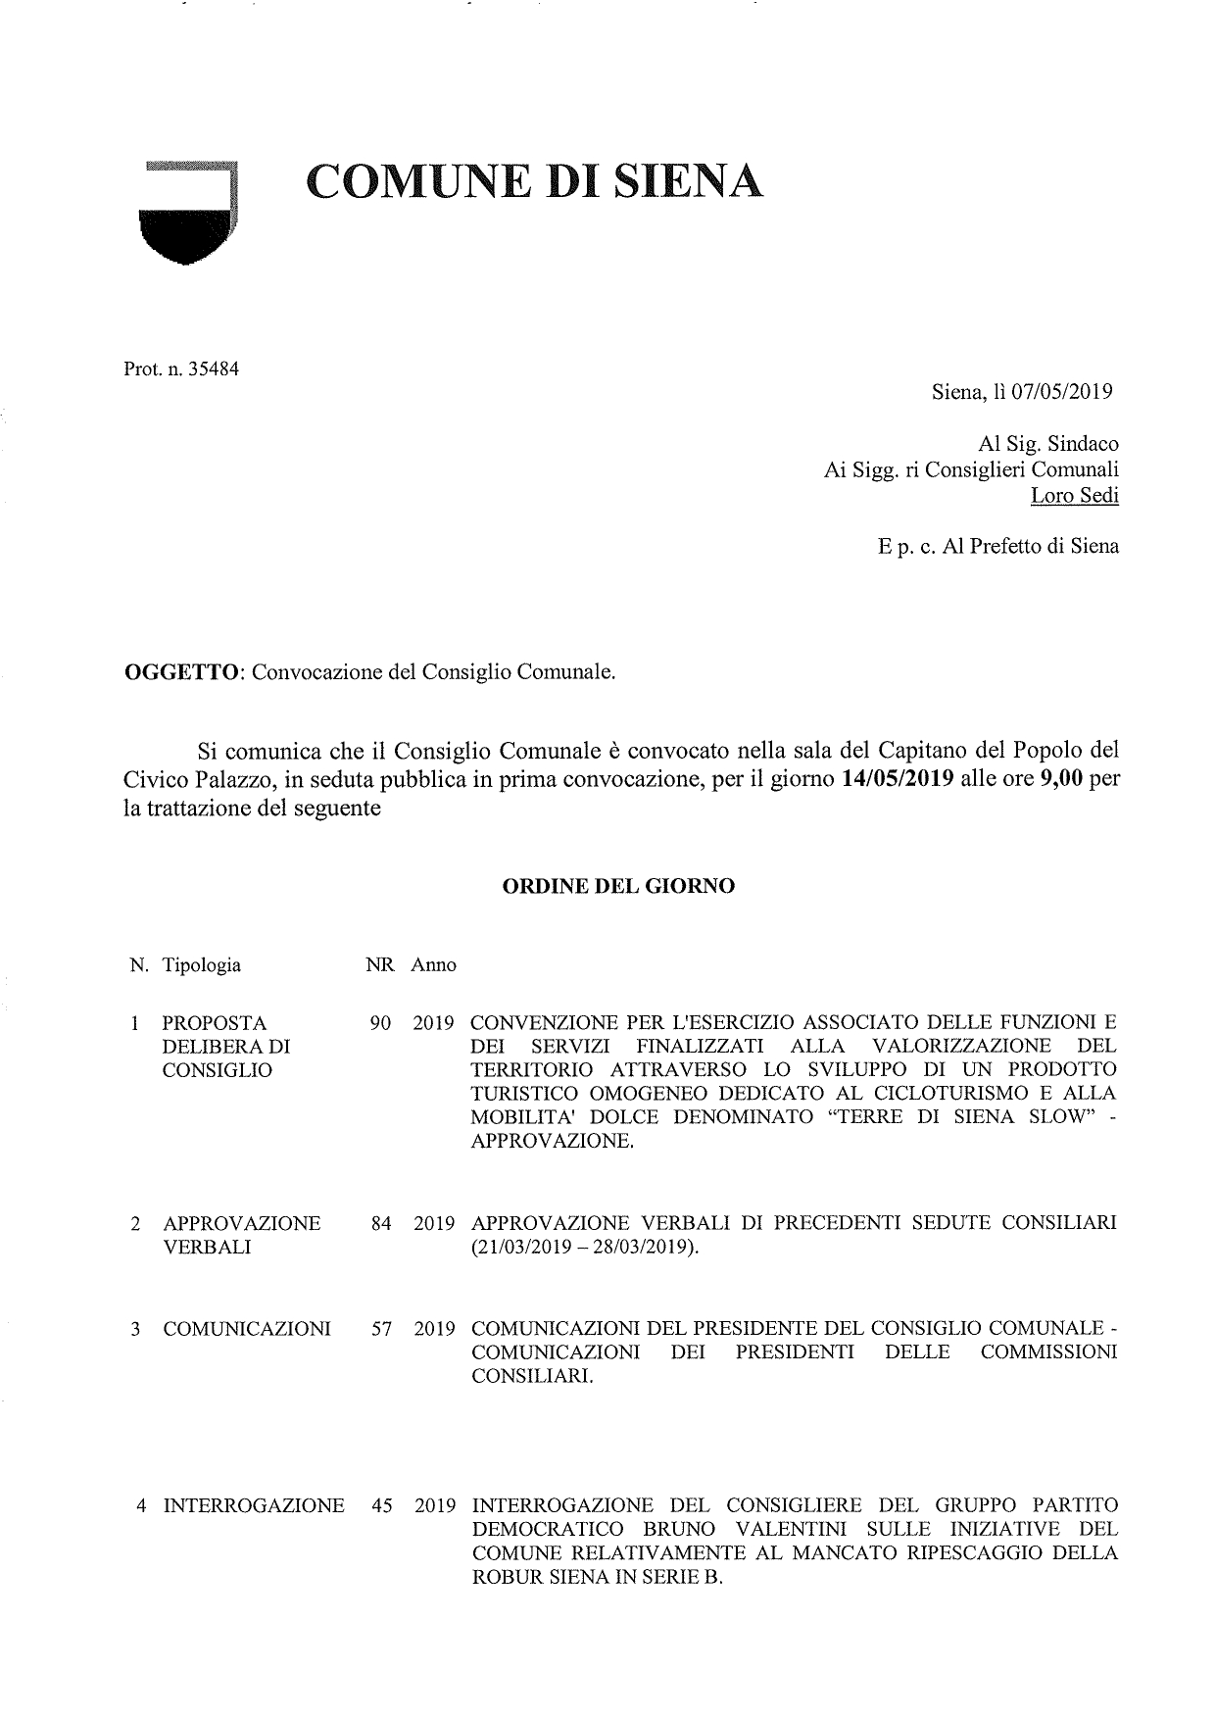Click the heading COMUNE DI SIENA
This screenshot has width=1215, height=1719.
click(534, 180)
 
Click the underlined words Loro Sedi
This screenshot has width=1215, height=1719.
click(1074, 495)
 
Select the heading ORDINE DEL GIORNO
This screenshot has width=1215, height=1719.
click(618, 886)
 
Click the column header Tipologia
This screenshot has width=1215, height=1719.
click(202, 965)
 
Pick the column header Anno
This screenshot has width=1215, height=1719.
click(433, 965)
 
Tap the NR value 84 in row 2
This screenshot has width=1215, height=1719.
click(382, 1224)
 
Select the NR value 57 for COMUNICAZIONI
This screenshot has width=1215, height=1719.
click(382, 1330)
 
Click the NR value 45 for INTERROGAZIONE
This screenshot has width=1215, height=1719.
click(382, 1505)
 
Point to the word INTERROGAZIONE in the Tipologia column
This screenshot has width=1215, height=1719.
click(254, 1505)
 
